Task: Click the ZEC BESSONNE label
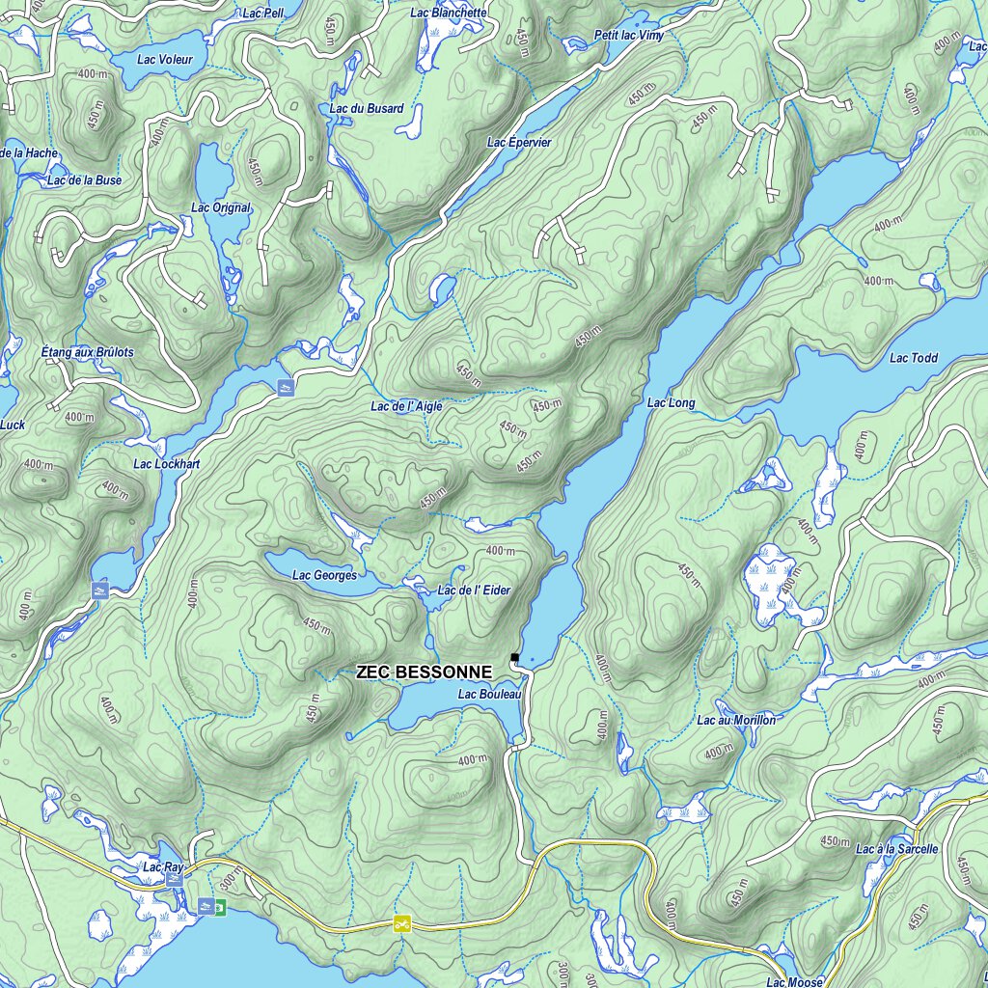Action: [x=424, y=672]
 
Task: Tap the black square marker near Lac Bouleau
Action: [x=515, y=657]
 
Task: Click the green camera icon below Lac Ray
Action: [x=220, y=907]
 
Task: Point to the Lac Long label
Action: [x=671, y=402]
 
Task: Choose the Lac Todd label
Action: [x=913, y=358]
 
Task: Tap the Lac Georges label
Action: [x=324, y=575]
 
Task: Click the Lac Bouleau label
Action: [x=489, y=694]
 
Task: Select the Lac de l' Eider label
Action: [x=474, y=590]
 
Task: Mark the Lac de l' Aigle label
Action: [x=406, y=406]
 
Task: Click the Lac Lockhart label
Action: [x=167, y=464]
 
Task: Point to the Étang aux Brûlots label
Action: [x=88, y=352]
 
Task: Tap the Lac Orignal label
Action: [x=221, y=207]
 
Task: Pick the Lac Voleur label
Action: [x=165, y=59]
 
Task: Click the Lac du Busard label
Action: [x=367, y=109]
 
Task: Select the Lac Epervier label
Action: [x=519, y=142]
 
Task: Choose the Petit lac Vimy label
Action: [x=629, y=36]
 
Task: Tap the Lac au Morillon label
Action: [x=736, y=720]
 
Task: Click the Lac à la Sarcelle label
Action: [x=896, y=849]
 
